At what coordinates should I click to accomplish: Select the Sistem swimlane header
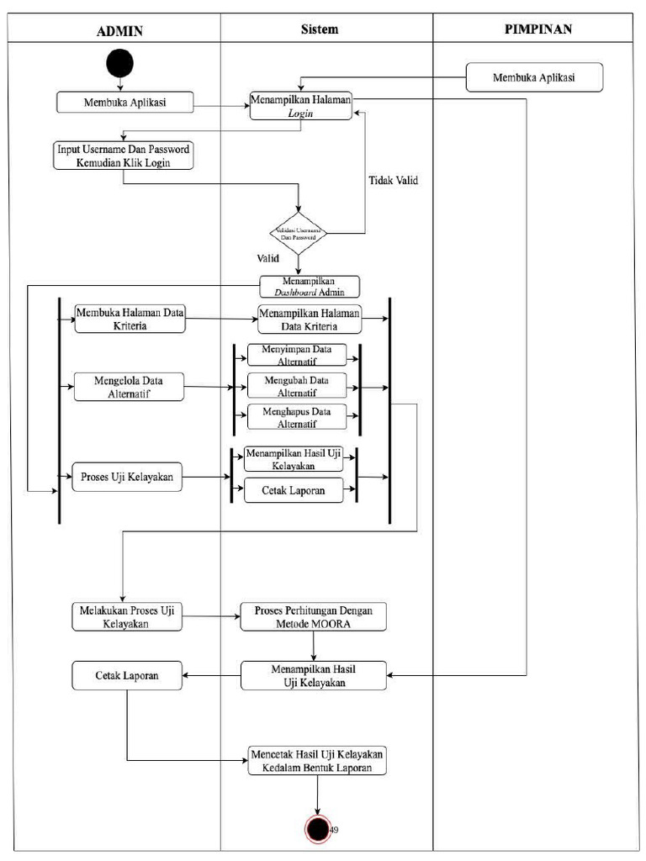point(320,29)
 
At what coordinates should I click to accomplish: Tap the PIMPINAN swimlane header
point(538,29)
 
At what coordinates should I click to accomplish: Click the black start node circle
point(119,64)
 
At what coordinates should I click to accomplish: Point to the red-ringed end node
point(318,829)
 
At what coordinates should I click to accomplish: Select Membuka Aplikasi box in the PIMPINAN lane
point(534,77)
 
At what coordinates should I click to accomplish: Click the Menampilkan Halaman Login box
point(301,106)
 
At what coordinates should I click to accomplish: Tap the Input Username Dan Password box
point(123,156)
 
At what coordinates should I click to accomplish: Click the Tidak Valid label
point(393,180)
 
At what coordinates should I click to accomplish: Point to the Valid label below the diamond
point(269,257)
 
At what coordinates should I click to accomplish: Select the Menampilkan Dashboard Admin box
point(309,287)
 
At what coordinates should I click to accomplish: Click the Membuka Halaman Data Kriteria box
point(130,319)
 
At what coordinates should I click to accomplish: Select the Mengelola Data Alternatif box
point(129,387)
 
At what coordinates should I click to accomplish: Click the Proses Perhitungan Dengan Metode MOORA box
point(313,616)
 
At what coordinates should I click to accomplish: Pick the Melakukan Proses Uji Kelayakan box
point(126,616)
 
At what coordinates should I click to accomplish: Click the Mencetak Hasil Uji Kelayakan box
point(317,760)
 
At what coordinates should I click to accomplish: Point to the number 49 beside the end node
point(334,830)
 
